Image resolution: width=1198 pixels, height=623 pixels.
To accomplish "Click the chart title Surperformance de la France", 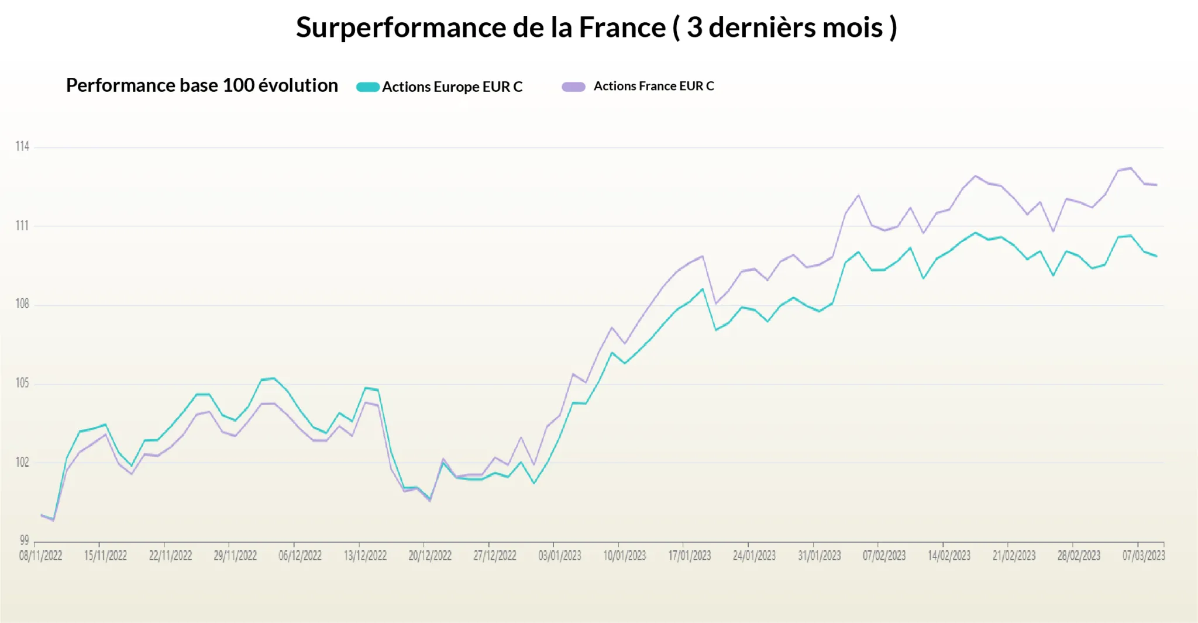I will tap(596, 27).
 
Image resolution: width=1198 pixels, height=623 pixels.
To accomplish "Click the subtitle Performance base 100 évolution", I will tap(202, 85).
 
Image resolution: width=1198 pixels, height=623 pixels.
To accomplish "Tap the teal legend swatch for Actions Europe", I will tap(368, 87).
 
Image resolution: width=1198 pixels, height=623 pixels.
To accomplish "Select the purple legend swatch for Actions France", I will tap(573, 87).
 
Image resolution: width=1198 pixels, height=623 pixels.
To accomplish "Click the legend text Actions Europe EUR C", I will tap(452, 87).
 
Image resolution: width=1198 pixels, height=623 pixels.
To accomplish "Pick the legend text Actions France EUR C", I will tap(653, 87).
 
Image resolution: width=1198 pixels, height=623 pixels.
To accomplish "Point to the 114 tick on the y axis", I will tap(22, 146).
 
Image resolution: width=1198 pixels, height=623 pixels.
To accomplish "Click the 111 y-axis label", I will tap(22, 226).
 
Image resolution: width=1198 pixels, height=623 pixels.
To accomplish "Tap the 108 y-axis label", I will tap(22, 304).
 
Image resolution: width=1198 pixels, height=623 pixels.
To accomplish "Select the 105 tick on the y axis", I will tap(22, 383).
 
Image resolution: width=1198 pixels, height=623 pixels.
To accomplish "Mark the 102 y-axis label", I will tap(22, 462).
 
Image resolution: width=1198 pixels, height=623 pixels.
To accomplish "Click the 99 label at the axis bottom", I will tap(24, 540).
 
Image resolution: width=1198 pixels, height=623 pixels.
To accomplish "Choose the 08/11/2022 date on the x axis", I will tap(40, 556).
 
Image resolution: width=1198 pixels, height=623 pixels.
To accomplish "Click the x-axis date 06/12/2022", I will tap(300, 556).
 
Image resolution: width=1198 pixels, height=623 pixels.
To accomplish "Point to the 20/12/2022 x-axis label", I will tap(430, 556).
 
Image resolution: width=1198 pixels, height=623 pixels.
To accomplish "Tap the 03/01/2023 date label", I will tap(560, 556).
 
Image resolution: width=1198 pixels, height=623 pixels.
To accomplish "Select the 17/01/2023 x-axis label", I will tap(690, 556).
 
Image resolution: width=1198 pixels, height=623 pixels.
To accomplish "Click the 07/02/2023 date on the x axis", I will tap(884, 556).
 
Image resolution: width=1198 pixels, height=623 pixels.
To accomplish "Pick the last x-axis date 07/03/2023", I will tap(1143, 556).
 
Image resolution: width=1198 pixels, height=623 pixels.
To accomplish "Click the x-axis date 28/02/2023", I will tap(1079, 556).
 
